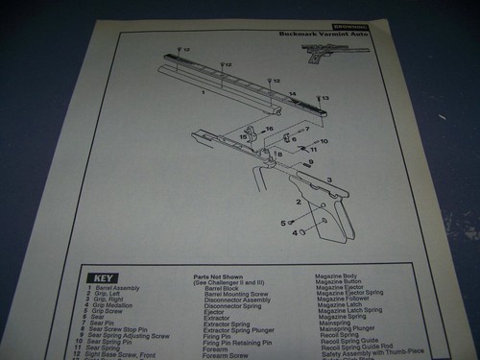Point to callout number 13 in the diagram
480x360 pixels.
(324, 99)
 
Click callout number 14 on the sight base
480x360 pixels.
(292, 93)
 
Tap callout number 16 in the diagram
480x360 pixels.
(270, 129)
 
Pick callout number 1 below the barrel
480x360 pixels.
(204, 94)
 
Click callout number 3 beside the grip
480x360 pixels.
(329, 180)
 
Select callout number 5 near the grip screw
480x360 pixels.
(283, 222)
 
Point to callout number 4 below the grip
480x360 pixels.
(295, 233)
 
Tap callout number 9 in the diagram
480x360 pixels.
(309, 162)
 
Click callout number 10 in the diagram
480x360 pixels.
(324, 141)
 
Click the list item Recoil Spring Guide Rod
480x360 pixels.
(355, 347)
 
